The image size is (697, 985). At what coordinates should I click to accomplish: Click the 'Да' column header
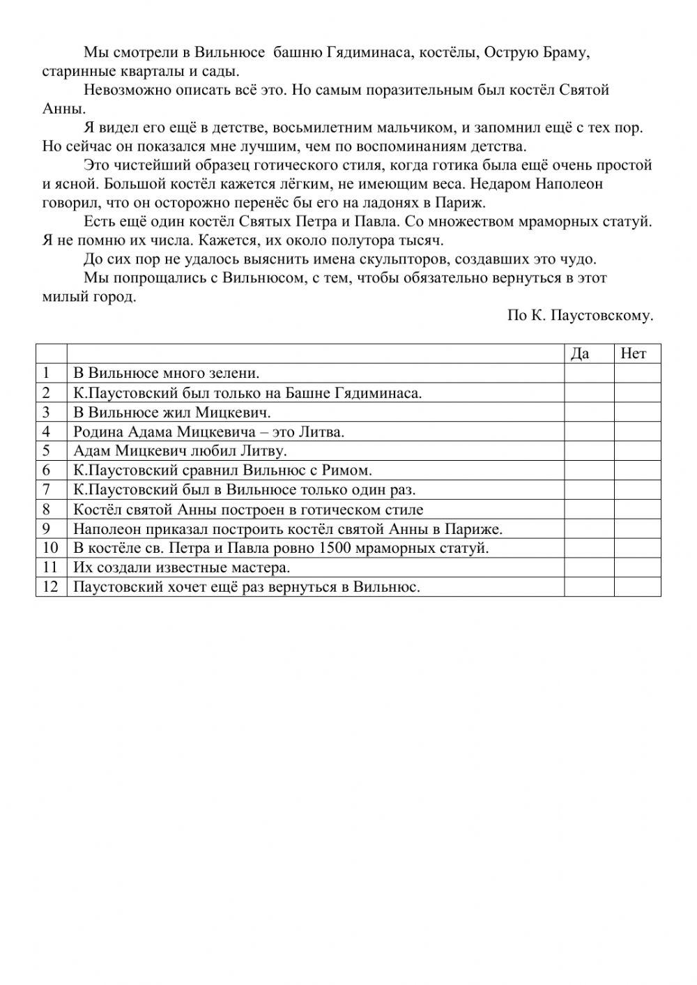580,353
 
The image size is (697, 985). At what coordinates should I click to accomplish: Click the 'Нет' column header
633,353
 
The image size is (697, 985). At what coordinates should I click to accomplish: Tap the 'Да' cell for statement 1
589,373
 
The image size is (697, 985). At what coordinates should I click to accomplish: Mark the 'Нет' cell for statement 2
637,392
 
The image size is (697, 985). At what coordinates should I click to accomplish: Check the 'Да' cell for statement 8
589,509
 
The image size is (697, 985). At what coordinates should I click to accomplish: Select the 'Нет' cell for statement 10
637,548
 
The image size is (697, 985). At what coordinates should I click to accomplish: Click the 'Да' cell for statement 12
589,586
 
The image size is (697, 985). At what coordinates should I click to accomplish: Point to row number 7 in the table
47,489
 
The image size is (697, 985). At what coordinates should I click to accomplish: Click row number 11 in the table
50,567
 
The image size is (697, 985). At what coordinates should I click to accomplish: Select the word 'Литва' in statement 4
321,432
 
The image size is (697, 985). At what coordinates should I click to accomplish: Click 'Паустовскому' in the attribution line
602,315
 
